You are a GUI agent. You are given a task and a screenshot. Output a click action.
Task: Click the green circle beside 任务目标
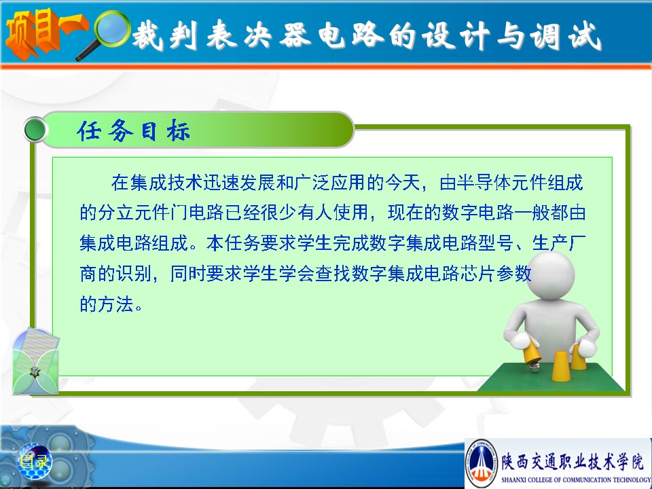[35, 130]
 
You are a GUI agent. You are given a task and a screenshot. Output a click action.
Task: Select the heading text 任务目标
[133, 130]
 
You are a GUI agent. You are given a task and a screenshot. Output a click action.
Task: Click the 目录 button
[34, 461]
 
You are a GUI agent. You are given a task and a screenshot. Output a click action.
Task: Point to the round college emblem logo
[482, 462]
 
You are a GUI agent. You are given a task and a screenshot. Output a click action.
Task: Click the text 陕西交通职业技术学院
[573, 460]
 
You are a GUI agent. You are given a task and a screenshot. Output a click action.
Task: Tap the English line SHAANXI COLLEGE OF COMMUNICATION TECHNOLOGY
[576, 479]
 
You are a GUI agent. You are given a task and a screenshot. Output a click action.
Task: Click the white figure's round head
[550, 275]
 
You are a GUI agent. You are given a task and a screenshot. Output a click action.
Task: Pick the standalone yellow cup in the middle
[559, 365]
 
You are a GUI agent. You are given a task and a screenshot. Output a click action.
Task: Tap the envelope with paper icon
[36, 361]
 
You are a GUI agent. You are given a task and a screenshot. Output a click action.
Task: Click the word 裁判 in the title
[164, 35]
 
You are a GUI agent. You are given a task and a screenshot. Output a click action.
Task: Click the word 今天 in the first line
[403, 183]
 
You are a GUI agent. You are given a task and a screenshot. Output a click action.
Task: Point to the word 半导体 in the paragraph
[484, 183]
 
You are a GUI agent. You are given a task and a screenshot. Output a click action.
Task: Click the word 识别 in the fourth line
[133, 274]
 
